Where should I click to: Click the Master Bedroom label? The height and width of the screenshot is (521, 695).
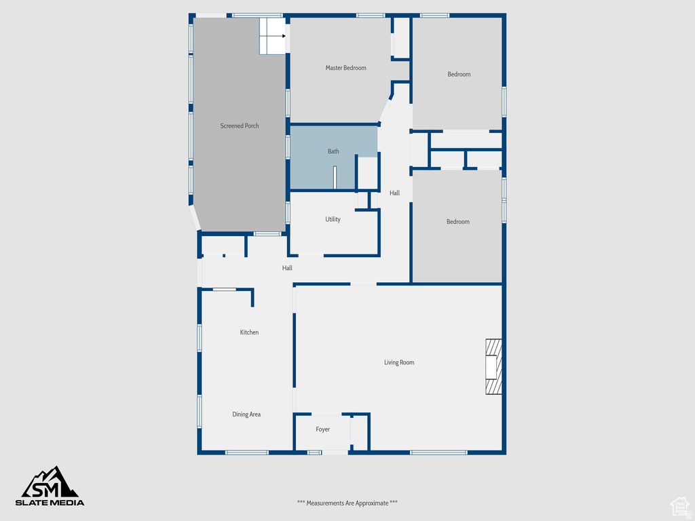345,68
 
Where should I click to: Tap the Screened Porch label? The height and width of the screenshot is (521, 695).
240,126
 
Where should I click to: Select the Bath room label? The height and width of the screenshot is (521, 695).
333,151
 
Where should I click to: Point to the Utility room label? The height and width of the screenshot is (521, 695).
333,219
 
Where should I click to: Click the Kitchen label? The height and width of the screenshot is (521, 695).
249,332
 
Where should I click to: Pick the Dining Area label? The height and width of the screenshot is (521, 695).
246,414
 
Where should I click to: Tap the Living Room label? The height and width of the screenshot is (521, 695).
399,362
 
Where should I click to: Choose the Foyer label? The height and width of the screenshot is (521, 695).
323,429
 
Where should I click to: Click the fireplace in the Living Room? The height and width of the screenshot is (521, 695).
493,366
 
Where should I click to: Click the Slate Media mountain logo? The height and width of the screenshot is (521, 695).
52,482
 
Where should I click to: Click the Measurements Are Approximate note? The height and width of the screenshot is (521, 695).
347,503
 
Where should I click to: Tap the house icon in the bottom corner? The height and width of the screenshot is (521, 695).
679,505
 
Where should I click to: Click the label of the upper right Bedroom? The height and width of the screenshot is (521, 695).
459,74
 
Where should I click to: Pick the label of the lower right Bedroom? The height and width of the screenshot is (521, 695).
457,222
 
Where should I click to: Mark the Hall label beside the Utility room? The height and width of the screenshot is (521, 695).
394,193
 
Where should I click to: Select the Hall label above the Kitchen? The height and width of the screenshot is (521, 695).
287,268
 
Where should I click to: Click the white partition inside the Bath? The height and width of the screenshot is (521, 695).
335,177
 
